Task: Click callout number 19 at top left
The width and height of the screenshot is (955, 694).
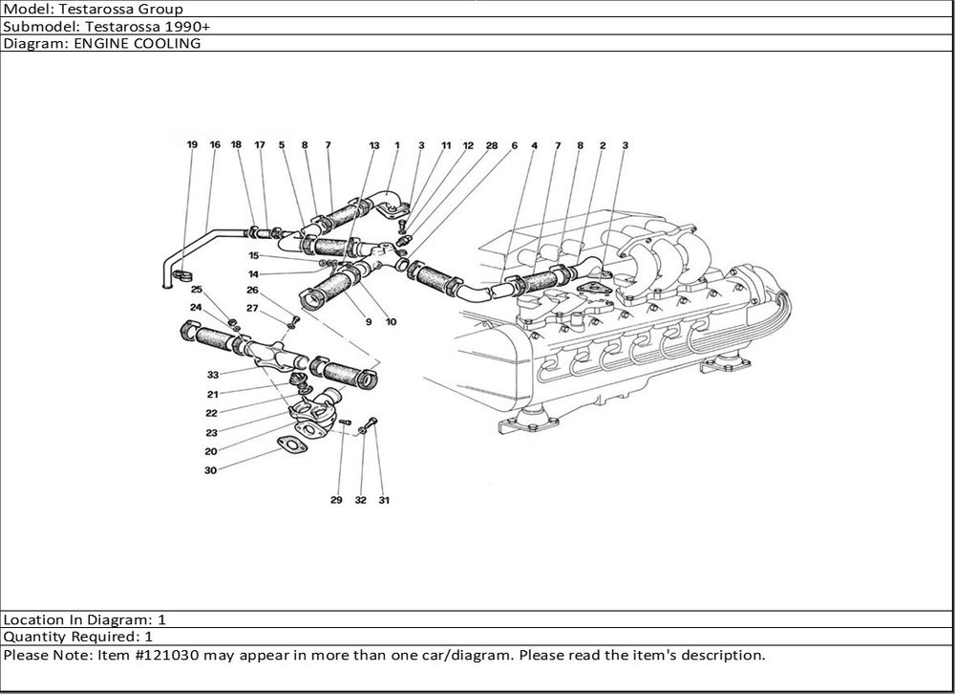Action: (192, 145)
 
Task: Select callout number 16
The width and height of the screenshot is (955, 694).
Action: (215, 145)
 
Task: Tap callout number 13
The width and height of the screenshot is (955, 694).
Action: (374, 145)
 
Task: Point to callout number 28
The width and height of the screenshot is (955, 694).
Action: (491, 145)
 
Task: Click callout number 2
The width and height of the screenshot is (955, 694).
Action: (603, 145)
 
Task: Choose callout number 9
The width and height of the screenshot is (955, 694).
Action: (368, 322)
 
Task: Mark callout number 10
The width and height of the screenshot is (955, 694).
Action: (391, 322)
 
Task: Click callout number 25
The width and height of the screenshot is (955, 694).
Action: (196, 289)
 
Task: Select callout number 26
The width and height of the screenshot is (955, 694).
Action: (252, 290)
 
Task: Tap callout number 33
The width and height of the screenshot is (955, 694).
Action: (212, 375)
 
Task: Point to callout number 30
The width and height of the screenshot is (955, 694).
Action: (210, 470)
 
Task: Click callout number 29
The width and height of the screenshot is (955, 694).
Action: (336, 500)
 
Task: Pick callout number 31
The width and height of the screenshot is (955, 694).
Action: (384, 500)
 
